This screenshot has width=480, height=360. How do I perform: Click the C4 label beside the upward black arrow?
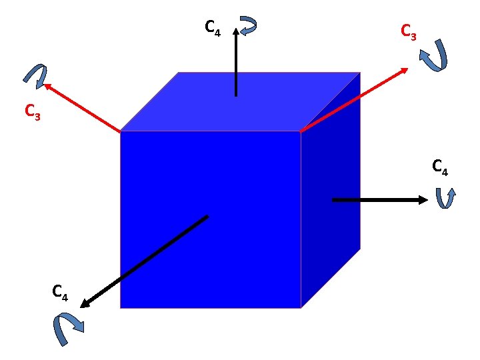[x=213, y=28]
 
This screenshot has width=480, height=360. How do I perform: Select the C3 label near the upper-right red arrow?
[x=408, y=31]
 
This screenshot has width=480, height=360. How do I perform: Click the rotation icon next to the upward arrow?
[x=248, y=26]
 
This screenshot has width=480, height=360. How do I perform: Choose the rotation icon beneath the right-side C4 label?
[x=445, y=198]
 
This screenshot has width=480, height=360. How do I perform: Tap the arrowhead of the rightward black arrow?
[x=423, y=199]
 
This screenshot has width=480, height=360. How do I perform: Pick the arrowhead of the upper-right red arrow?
[x=405, y=69]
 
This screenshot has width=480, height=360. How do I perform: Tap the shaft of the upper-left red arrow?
[x=83, y=108]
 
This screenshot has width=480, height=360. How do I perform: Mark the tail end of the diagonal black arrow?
[x=207, y=217]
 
